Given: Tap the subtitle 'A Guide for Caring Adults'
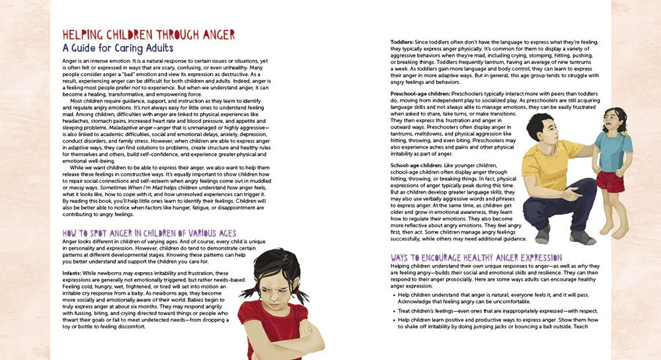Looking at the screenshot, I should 118,48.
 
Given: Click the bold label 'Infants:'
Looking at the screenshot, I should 73,273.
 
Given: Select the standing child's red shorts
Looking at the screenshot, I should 610,182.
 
